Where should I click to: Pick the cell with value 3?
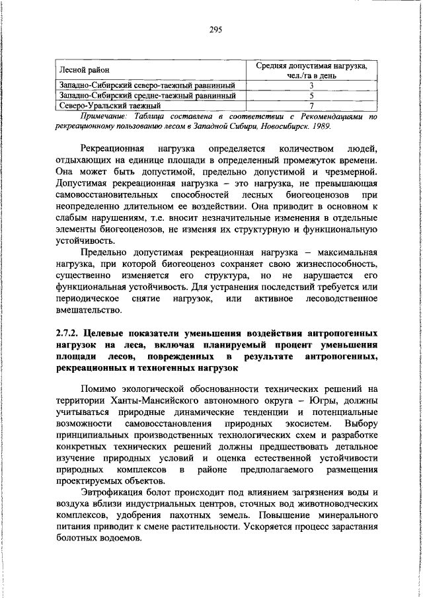[x=311, y=85]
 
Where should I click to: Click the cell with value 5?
[x=311, y=95]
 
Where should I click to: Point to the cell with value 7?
[x=311, y=105]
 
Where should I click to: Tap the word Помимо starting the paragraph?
[x=98, y=389]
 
